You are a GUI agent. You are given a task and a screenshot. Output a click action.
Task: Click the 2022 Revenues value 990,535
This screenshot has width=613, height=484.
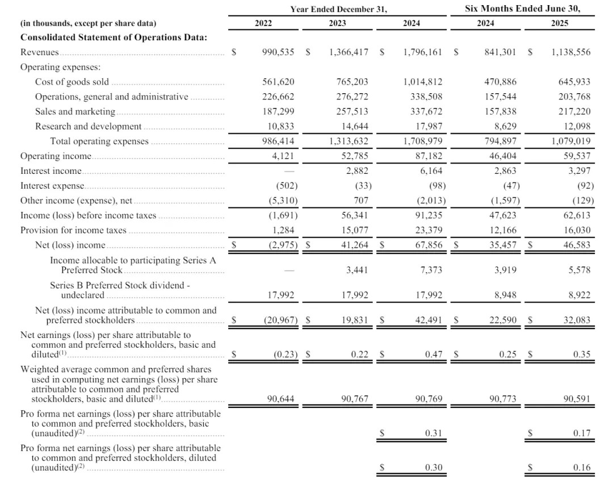tap(278, 52)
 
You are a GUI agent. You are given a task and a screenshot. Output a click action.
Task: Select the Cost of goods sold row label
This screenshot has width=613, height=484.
tap(72, 82)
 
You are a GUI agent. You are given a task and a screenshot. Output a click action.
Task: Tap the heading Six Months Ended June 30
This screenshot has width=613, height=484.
tap(522, 9)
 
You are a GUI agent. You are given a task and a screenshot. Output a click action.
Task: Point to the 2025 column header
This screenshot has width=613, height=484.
tap(559, 23)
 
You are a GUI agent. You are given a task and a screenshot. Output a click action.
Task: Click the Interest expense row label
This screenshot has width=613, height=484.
tap(52, 185)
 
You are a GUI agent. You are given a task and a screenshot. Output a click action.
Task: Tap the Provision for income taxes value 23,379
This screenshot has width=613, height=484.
tap(429, 230)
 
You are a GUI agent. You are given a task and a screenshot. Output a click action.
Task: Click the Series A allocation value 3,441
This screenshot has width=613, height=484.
tap(357, 270)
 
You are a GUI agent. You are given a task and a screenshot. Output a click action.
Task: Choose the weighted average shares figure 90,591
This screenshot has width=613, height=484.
tap(576, 399)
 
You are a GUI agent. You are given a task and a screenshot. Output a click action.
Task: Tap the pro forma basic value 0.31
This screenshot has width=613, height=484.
tap(434, 433)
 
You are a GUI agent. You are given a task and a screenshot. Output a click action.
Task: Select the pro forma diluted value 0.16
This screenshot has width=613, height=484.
tap(582, 468)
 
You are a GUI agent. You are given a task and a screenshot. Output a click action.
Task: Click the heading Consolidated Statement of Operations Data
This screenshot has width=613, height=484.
tap(114, 37)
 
